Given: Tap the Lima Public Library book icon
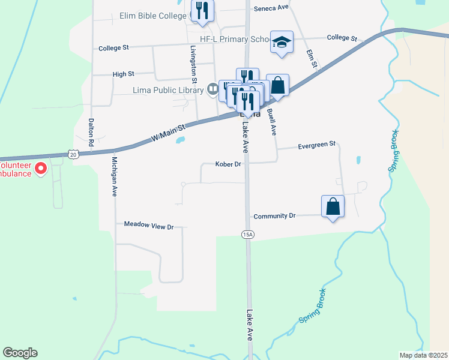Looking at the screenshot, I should (212, 90).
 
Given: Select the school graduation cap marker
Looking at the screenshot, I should (282, 42).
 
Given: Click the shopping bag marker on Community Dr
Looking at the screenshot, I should (333, 207).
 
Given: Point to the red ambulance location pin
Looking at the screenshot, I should (41, 168).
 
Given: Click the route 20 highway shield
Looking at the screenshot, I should (73, 154).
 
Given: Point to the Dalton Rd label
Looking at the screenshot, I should (91, 133).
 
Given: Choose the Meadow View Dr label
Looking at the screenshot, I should (148, 226).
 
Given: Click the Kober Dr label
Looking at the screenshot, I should (228, 164).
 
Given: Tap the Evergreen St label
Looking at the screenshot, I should (316, 145).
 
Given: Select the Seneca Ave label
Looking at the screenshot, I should (271, 8).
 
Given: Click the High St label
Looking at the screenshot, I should (123, 74).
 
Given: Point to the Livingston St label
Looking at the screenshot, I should (194, 64).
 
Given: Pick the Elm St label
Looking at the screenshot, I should (311, 59).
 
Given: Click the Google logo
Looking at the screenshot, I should (20, 353).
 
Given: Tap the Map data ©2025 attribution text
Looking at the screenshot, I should (423, 355).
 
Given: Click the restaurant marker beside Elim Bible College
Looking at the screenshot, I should (202, 11).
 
